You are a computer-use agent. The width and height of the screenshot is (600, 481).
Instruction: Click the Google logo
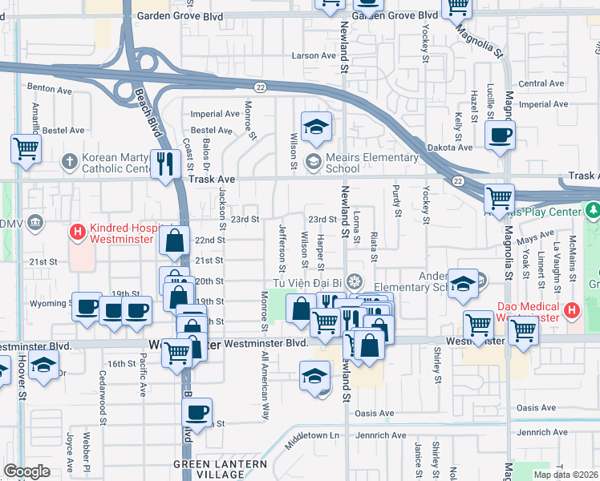point(26,471)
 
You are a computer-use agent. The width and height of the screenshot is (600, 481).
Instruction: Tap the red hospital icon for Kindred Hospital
point(78,232)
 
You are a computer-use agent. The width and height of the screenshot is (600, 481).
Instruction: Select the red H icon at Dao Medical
point(571,309)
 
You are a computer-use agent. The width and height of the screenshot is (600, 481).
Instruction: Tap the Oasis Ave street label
point(375,414)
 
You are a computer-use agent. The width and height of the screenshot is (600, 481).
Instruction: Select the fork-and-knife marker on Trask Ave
point(166,164)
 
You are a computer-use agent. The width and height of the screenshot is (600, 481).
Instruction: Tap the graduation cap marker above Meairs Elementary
point(316,126)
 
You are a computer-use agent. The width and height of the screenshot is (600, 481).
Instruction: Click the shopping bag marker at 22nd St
point(174,240)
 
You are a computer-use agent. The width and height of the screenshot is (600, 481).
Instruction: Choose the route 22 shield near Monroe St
point(260,86)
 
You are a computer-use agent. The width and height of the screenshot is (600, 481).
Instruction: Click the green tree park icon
point(594,211)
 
